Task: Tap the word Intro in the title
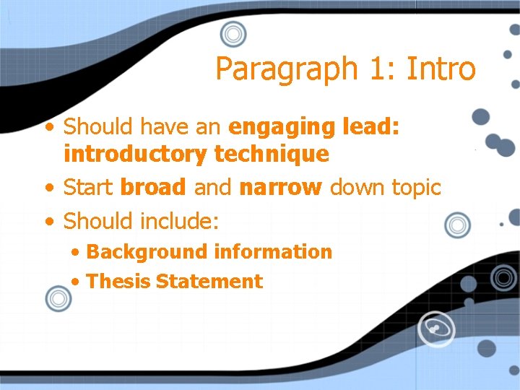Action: click(441, 69)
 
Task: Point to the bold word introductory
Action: click(136, 154)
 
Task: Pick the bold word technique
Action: click(271, 154)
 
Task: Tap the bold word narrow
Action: click(280, 188)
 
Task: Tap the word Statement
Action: click(209, 282)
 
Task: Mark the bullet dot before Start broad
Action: click(48, 188)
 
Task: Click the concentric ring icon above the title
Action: click(233, 34)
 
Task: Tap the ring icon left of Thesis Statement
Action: click(58, 298)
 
